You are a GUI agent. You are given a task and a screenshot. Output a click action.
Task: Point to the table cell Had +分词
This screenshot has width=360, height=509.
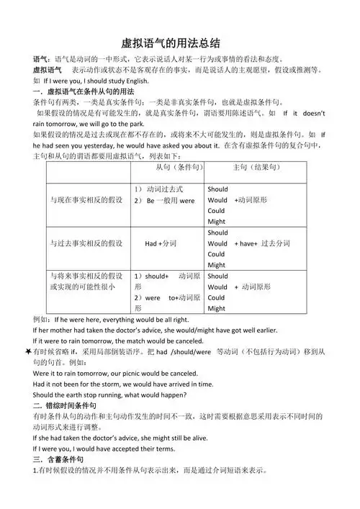tap(161, 244)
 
